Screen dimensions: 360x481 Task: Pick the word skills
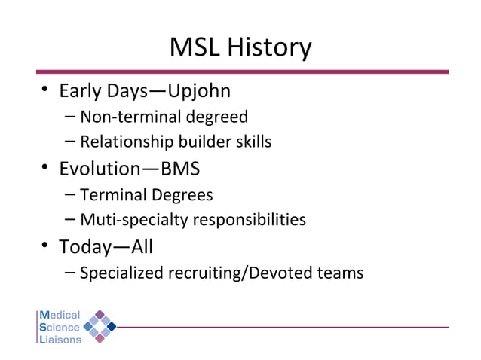point(250,142)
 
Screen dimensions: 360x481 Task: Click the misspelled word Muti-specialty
point(134,220)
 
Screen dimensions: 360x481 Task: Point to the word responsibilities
point(250,220)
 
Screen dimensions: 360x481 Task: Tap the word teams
point(341,273)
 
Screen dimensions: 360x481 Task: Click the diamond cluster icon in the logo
point(99,326)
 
